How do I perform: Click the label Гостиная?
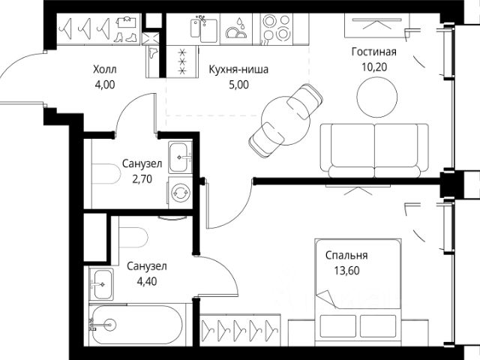pyautogui.click(x=373, y=52)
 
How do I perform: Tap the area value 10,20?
pyautogui.click(x=374, y=67)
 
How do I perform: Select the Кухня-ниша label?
pyautogui.click(x=238, y=69)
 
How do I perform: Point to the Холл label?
pyautogui.click(x=105, y=70)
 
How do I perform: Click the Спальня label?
pyautogui.click(x=346, y=255)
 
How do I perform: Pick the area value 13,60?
pyautogui.click(x=346, y=271)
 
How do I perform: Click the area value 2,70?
pyautogui.click(x=142, y=178)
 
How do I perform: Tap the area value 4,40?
pyautogui.click(x=147, y=281)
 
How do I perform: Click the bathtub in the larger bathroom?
pyautogui.click(x=137, y=325)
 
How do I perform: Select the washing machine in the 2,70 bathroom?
pyautogui.click(x=180, y=193)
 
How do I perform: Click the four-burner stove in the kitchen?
pyautogui.click(x=277, y=29)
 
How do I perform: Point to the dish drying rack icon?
pyautogui.click(x=236, y=29)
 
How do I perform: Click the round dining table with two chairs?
pyautogui.click(x=285, y=121)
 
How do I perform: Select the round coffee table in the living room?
pyautogui.click(x=376, y=97)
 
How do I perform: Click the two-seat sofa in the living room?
pyautogui.click(x=374, y=150)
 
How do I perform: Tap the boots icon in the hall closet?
pyautogui.click(x=125, y=37)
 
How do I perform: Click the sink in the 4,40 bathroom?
pyautogui.click(x=102, y=284)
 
